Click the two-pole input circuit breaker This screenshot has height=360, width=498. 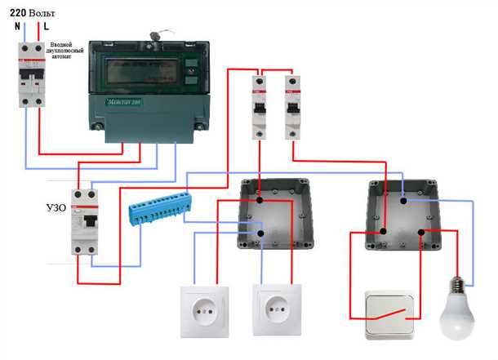coord(32,76)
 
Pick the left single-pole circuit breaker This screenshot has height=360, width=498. coord(260,106)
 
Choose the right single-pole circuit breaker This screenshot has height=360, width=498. coord(291,106)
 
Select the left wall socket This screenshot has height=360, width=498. coord(202,311)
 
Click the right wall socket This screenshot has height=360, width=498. coord(277,311)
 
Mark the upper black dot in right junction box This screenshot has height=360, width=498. coord(402,198)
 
